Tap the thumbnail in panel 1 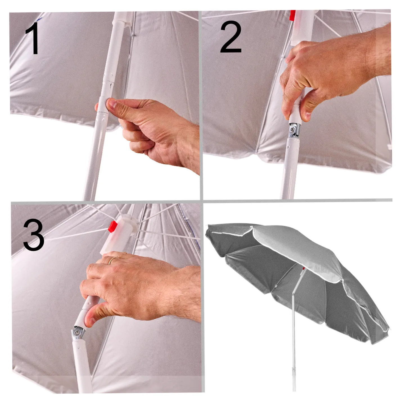[111, 103]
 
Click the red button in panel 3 [112, 226]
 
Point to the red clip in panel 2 [292, 15]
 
